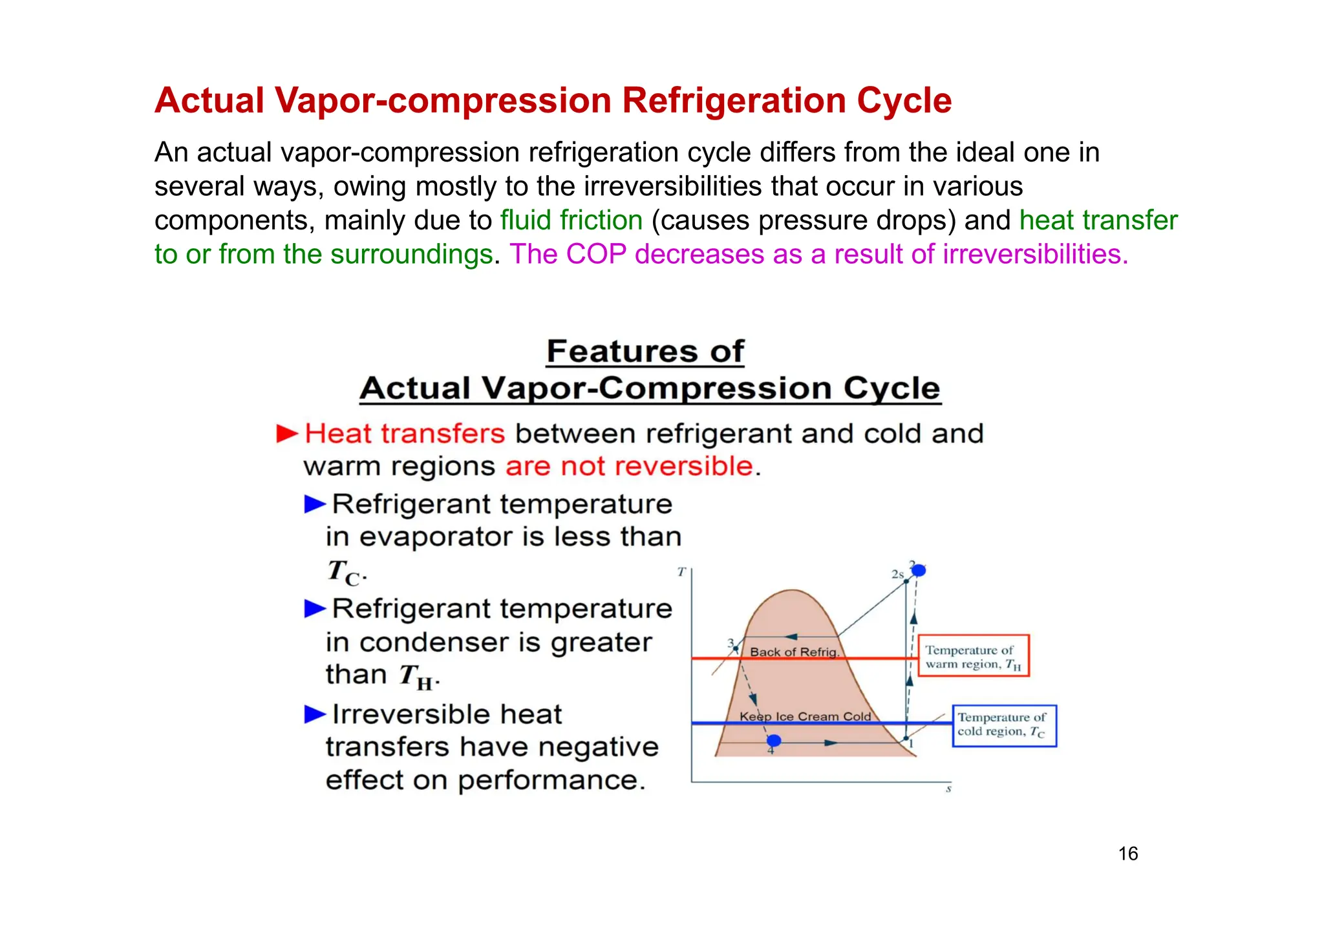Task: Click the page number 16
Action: click(1127, 853)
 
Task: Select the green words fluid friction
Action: click(571, 220)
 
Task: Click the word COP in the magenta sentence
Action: click(596, 254)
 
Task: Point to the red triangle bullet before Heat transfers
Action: click(286, 433)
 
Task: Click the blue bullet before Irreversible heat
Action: click(315, 714)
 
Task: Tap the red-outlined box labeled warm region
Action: click(973, 655)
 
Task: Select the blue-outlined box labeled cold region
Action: click(1004, 725)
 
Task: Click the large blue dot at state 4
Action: click(773, 741)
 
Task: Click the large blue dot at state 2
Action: click(919, 570)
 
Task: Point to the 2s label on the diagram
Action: click(897, 574)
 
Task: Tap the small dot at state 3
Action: click(736, 648)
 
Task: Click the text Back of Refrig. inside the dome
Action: click(794, 652)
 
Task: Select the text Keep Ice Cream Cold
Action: click(805, 716)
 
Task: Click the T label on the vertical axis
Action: click(681, 571)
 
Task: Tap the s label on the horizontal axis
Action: click(948, 789)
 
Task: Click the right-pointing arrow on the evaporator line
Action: click(830, 743)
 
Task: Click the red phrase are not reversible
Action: click(629, 466)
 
